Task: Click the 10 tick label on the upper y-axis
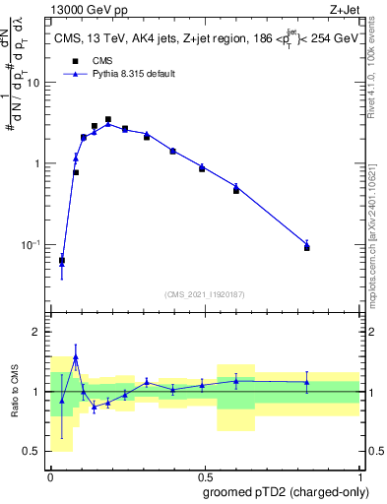click(x=34, y=83)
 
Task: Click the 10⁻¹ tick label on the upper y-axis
click(x=32, y=244)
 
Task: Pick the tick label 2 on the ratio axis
click(x=37, y=333)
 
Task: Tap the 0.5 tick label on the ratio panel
click(x=32, y=452)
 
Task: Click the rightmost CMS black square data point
click(x=307, y=247)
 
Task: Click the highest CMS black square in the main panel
click(x=108, y=119)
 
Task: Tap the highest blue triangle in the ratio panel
click(x=76, y=357)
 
